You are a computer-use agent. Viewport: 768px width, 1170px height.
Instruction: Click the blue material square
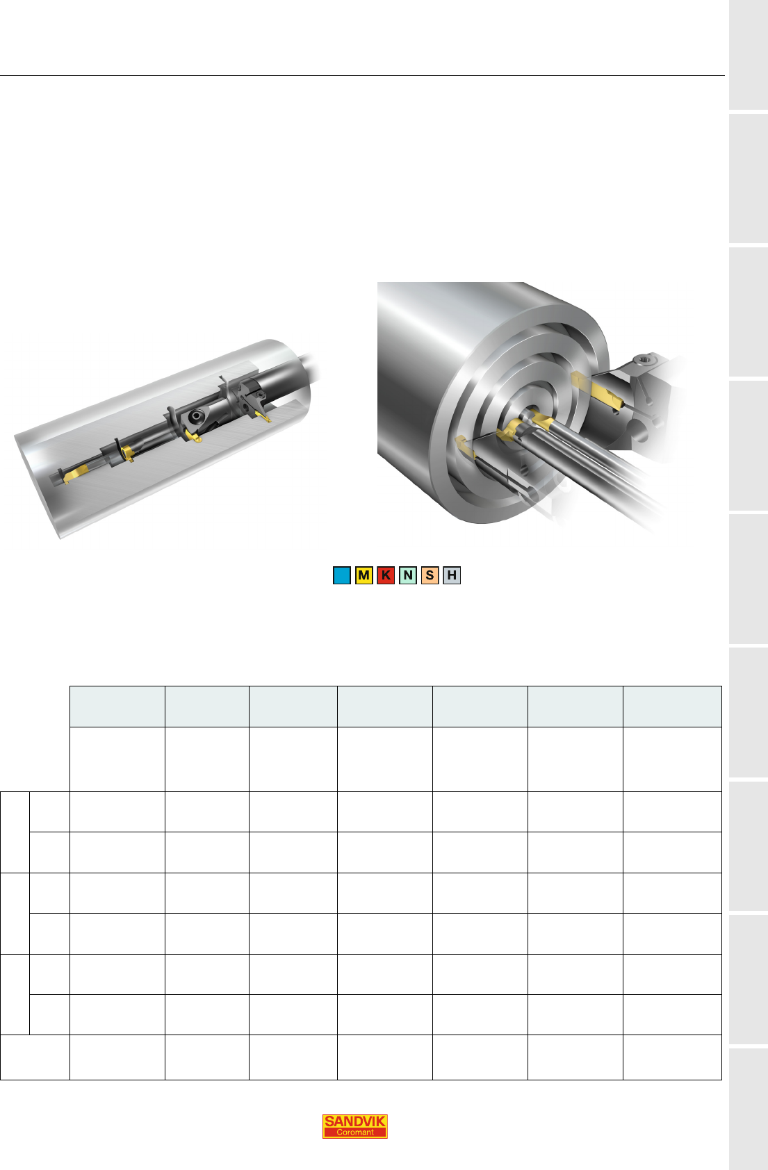pyautogui.click(x=342, y=575)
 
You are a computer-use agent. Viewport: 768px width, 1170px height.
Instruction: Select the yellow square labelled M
pyautogui.click(x=363, y=575)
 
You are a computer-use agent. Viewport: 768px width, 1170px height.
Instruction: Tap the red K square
pyautogui.click(x=386, y=575)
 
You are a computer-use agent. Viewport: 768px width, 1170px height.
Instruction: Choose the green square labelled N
pyautogui.click(x=407, y=575)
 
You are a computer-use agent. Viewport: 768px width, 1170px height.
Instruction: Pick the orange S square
pyautogui.click(x=430, y=575)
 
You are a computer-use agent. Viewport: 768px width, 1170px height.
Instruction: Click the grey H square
pyautogui.click(x=451, y=575)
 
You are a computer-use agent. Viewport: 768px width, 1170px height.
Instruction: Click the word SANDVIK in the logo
pyautogui.click(x=354, y=1121)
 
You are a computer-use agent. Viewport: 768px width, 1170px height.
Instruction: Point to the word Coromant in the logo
pyautogui.click(x=354, y=1132)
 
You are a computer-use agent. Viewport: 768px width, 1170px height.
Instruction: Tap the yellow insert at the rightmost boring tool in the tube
pyautogui.click(x=263, y=415)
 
